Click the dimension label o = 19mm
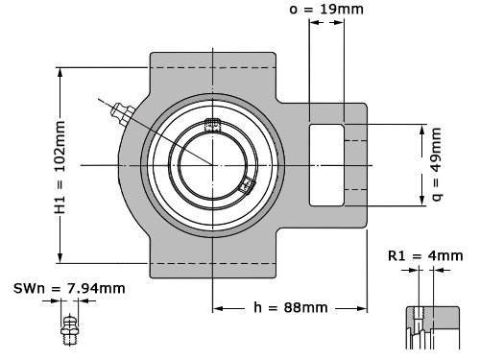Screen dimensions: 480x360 (x=326, y=9)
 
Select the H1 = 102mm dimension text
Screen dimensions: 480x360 (x=60, y=167)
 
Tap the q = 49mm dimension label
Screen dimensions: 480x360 (x=437, y=164)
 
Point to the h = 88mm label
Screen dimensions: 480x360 (x=291, y=307)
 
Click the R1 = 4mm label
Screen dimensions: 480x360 (x=425, y=255)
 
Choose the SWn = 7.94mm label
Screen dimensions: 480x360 (x=69, y=289)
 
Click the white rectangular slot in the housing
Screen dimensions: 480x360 (x=326, y=165)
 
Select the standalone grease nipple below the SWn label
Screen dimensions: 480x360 (x=69, y=330)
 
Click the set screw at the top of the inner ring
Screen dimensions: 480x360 (x=213, y=125)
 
